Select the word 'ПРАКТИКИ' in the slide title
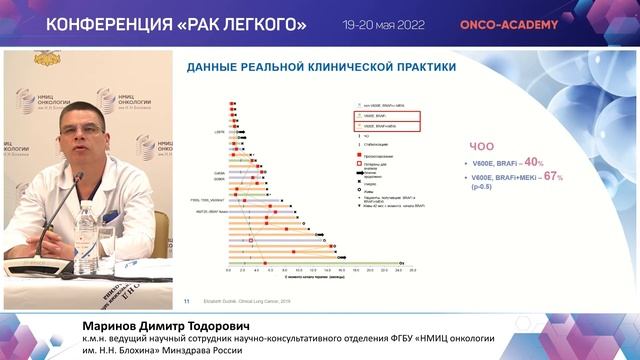click(413, 67)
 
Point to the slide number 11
click(186, 299)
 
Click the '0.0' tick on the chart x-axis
click(229, 271)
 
